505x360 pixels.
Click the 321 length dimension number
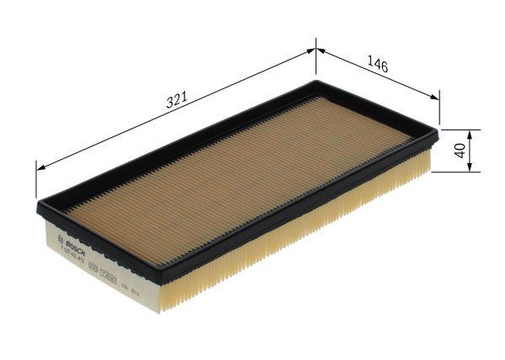point(176,100)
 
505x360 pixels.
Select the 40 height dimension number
point(460,151)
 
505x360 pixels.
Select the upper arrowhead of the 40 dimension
point(470,134)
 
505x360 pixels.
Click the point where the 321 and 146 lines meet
point(316,50)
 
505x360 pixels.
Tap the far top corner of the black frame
point(318,81)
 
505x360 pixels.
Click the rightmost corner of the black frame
point(439,131)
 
